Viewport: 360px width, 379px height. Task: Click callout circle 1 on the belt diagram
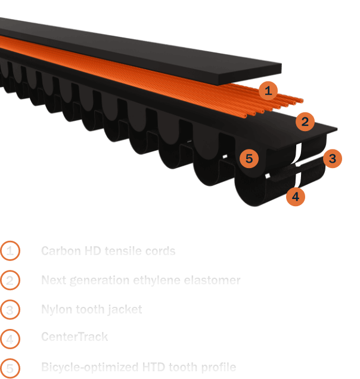(268, 91)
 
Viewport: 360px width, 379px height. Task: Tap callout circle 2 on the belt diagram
(305, 122)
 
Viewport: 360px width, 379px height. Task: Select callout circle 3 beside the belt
(333, 159)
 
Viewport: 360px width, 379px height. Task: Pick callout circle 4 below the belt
(296, 196)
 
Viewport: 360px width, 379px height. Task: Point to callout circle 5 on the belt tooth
(249, 159)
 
